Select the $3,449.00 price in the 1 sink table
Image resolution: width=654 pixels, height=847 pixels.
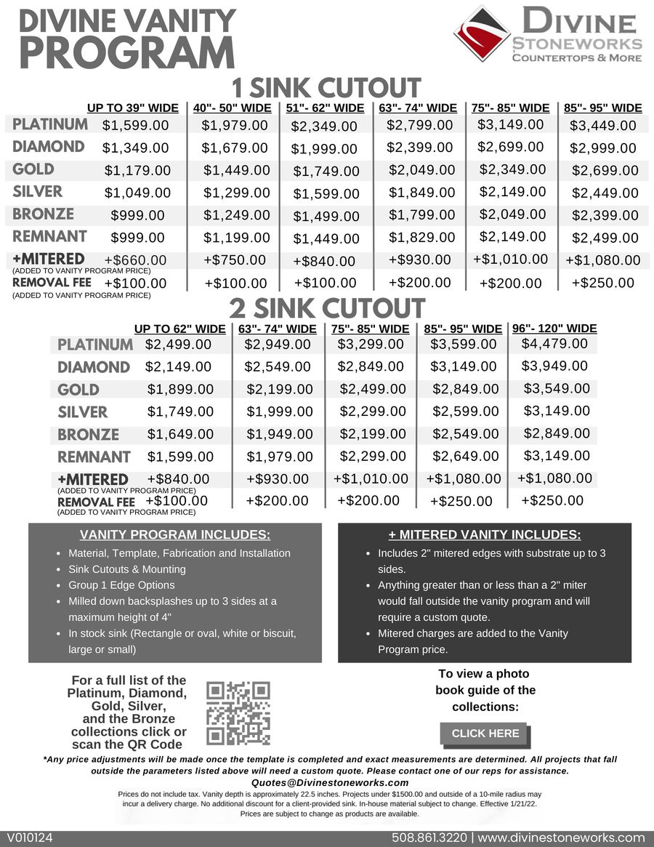click(603, 126)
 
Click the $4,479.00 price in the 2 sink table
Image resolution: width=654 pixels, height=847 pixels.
click(555, 343)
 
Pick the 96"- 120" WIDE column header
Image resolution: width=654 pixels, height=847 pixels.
click(554, 328)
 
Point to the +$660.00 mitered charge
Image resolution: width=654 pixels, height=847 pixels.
click(135, 260)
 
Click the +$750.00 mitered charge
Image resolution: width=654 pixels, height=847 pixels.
click(235, 260)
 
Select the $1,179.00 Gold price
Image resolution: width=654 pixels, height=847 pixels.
click(137, 171)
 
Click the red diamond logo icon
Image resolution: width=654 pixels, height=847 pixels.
click(482, 33)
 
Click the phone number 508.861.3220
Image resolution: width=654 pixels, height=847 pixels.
click(429, 838)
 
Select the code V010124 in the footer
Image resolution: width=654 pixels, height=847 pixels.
click(31, 838)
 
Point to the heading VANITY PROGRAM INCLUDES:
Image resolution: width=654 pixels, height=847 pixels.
click(174, 535)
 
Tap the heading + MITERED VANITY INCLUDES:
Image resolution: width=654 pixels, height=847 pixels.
click(485, 535)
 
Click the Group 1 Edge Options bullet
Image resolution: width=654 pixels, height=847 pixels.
click(121, 585)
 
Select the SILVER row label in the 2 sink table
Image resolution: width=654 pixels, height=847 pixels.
click(82, 412)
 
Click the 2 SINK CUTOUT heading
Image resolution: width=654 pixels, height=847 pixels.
click(326, 309)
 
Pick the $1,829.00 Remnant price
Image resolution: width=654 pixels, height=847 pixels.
click(422, 237)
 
